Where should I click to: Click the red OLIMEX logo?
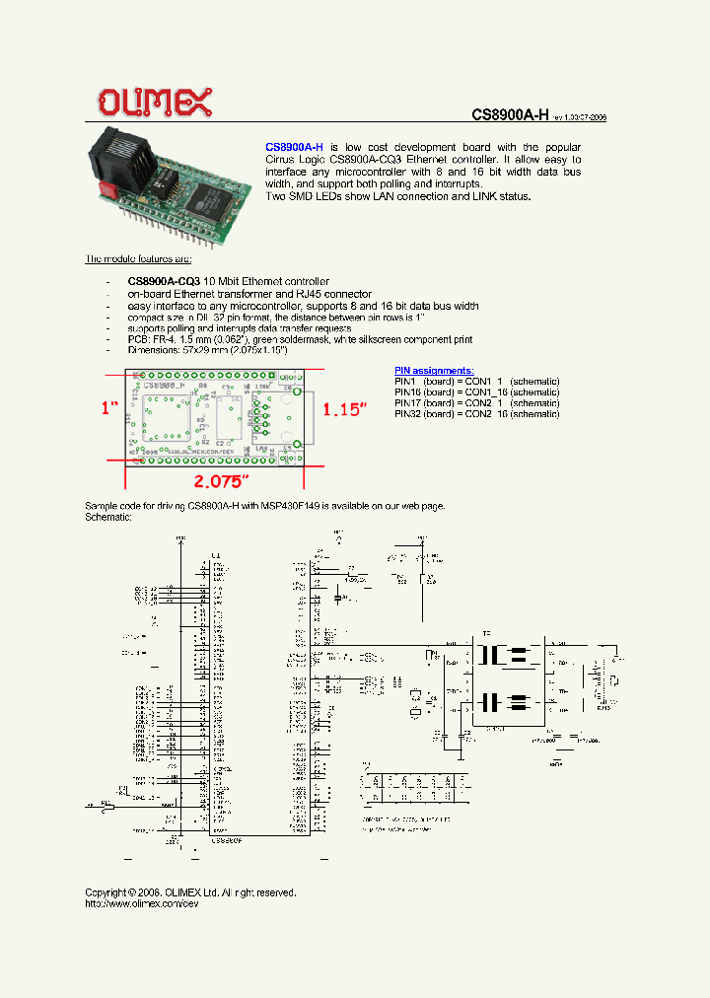click(153, 101)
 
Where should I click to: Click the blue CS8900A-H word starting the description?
click(294, 146)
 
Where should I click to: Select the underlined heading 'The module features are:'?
click(138, 258)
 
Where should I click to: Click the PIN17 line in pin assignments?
click(476, 402)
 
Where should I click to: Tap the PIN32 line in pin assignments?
click(476, 414)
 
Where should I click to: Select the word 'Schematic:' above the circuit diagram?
click(108, 517)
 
